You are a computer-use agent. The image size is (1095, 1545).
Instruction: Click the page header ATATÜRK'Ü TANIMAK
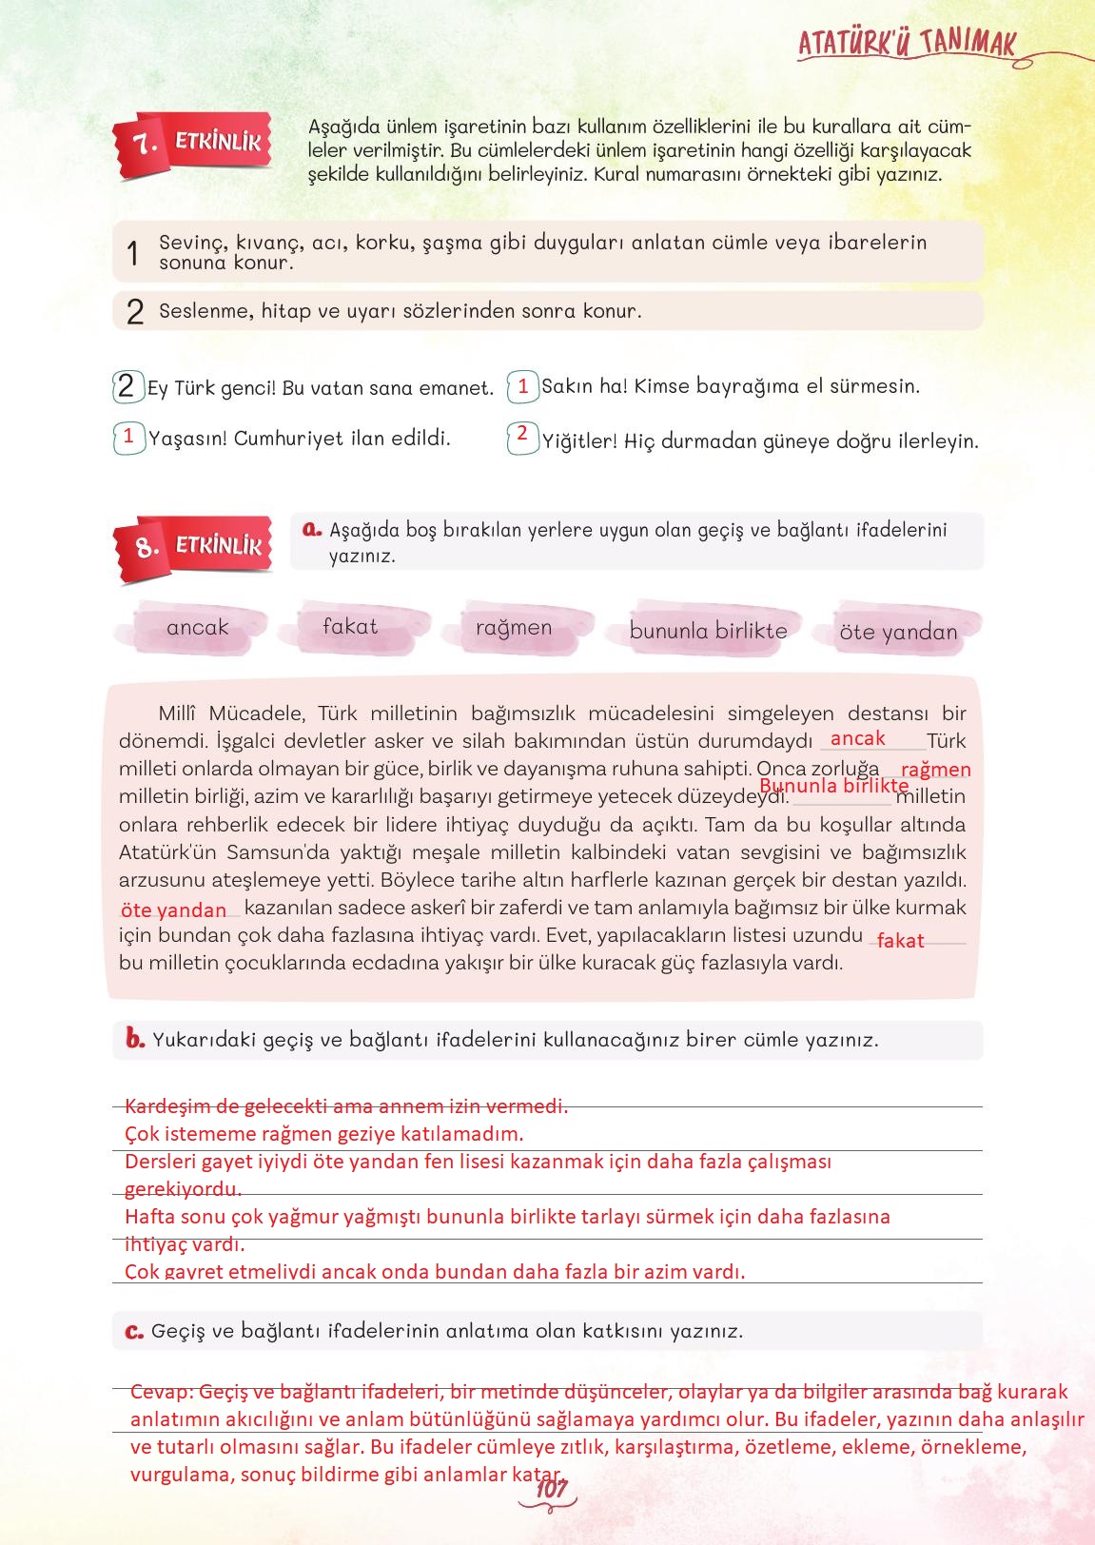coord(906,44)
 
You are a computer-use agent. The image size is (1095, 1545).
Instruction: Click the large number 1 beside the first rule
coord(133,253)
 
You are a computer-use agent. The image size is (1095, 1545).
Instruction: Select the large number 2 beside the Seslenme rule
coord(134,312)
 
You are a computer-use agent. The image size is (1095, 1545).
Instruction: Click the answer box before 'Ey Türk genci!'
coord(127,386)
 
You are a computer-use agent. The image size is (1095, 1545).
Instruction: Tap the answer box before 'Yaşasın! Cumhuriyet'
coord(128,438)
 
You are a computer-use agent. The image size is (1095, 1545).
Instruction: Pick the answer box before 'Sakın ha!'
coord(522,386)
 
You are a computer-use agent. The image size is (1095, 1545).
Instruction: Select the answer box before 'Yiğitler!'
coord(522,436)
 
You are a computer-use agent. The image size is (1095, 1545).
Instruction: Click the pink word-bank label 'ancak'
coord(198,627)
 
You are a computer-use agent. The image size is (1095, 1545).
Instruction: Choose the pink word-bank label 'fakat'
coord(350,626)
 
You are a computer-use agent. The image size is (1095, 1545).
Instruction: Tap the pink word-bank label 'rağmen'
coord(514,628)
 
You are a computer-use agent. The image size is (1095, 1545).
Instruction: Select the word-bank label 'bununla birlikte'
coord(709,631)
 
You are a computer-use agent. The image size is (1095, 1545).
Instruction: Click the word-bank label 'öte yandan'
coord(898,632)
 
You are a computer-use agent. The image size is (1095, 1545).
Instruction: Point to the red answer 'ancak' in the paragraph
coord(858,738)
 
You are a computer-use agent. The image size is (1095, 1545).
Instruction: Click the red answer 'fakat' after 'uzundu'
coord(900,941)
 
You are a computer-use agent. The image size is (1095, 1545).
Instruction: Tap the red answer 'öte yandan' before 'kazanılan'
coord(174,910)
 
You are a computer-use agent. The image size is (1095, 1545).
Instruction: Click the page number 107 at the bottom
coord(551,1490)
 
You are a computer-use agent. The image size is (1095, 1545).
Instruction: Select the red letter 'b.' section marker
coord(134,1039)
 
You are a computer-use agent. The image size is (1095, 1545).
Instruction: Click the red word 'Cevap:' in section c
coord(162,1392)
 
